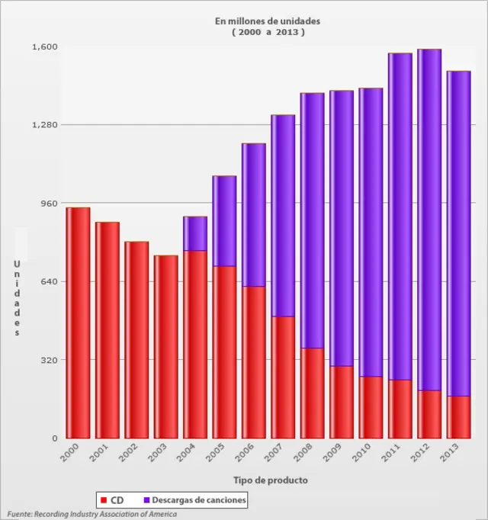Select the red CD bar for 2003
click(x=165, y=347)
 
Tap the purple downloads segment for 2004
click(x=195, y=233)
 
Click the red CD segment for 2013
click(x=458, y=417)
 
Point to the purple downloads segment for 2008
click(x=312, y=220)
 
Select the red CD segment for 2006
click(x=253, y=362)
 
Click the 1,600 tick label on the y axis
click(x=44, y=47)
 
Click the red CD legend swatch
click(x=103, y=500)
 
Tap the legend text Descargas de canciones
click(x=198, y=500)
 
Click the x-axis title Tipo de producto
click(x=271, y=480)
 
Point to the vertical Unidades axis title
click(x=16, y=298)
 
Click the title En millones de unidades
click(x=268, y=21)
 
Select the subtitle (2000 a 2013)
click(x=268, y=33)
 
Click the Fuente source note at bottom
click(x=91, y=515)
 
